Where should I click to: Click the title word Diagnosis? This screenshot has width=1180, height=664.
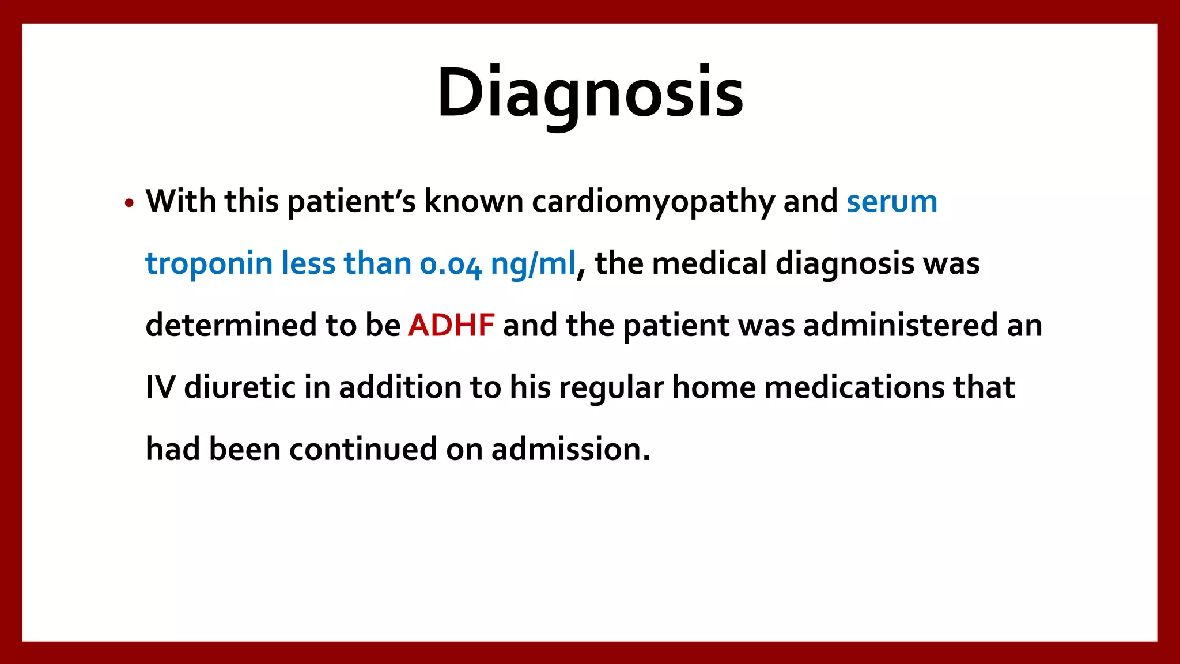590,93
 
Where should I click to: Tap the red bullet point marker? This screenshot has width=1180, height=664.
129,203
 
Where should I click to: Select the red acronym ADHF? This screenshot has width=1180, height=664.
451,325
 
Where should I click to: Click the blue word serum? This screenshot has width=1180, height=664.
891,202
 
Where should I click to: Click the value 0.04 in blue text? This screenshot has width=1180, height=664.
451,264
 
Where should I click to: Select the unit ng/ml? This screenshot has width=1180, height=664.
533,264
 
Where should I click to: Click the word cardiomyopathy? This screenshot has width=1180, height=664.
653,202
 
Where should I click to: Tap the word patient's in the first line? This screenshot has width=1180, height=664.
351,202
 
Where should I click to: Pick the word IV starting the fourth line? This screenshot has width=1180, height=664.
160,387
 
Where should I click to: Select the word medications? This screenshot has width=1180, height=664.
854,387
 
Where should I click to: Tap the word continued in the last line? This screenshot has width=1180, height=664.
363,449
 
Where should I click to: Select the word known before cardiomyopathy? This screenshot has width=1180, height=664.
474,202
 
